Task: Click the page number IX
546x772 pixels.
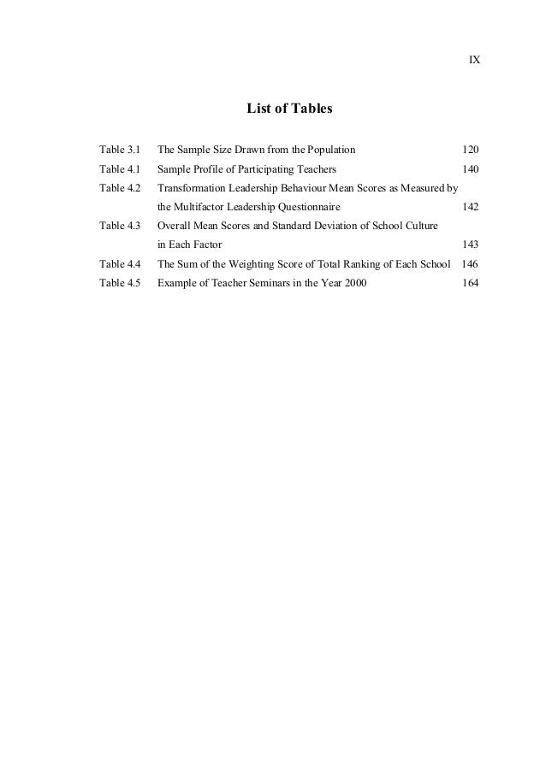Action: [x=474, y=61]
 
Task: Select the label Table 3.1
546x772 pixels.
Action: [x=120, y=150]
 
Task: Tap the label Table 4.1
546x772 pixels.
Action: [x=120, y=169]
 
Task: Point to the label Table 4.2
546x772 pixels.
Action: [x=120, y=188]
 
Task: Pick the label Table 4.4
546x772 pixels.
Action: [x=120, y=264]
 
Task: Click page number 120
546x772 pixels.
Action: [x=470, y=150]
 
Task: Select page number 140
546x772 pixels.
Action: [x=470, y=169]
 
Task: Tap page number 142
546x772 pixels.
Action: [x=470, y=207]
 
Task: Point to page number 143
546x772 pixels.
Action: [x=470, y=245]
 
